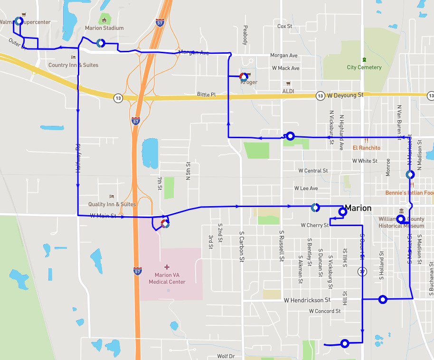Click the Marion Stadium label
tap(104, 28)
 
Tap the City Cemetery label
tap(364, 67)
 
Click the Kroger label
tap(250, 83)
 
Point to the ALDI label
tap(288, 91)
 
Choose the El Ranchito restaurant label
tap(366, 148)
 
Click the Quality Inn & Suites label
tap(112, 204)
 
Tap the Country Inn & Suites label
tap(74, 65)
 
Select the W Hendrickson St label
tap(307, 300)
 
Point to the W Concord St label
tap(325, 311)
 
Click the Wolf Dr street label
tap(226, 356)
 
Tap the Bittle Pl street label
tap(206, 95)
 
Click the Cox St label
tap(284, 26)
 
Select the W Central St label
tap(313, 171)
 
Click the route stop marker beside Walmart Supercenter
tap(19, 21)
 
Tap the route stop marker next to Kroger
tap(243, 76)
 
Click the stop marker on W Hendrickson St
tap(383, 299)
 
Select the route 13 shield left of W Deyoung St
tap(321, 96)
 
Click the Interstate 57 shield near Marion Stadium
tap(160, 22)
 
